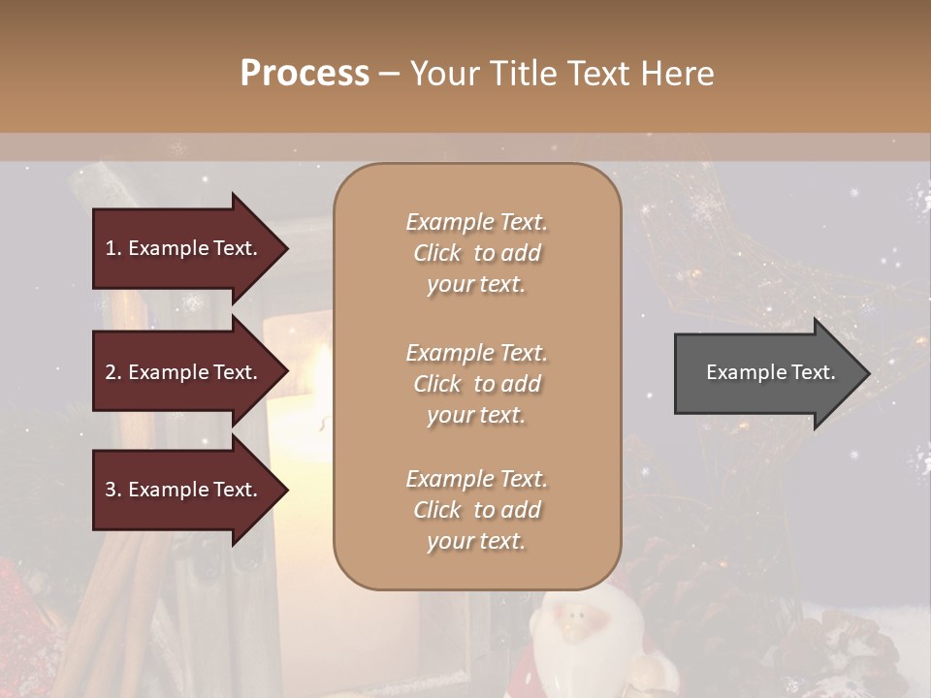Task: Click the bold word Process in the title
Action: (305, 74)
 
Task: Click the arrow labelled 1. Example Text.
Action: (184, 248)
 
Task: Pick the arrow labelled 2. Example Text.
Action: (184, 372)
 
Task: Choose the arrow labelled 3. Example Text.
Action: (184, 490)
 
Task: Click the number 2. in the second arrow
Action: (113, 372)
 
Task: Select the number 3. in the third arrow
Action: (113, 490)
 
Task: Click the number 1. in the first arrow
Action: (113, 248)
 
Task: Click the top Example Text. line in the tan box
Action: (476, 222)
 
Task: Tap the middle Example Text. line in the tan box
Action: (476, 353)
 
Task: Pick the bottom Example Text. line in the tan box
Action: (476, 479)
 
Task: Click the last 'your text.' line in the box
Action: (476, 542)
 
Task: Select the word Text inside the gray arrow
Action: (814, 372)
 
